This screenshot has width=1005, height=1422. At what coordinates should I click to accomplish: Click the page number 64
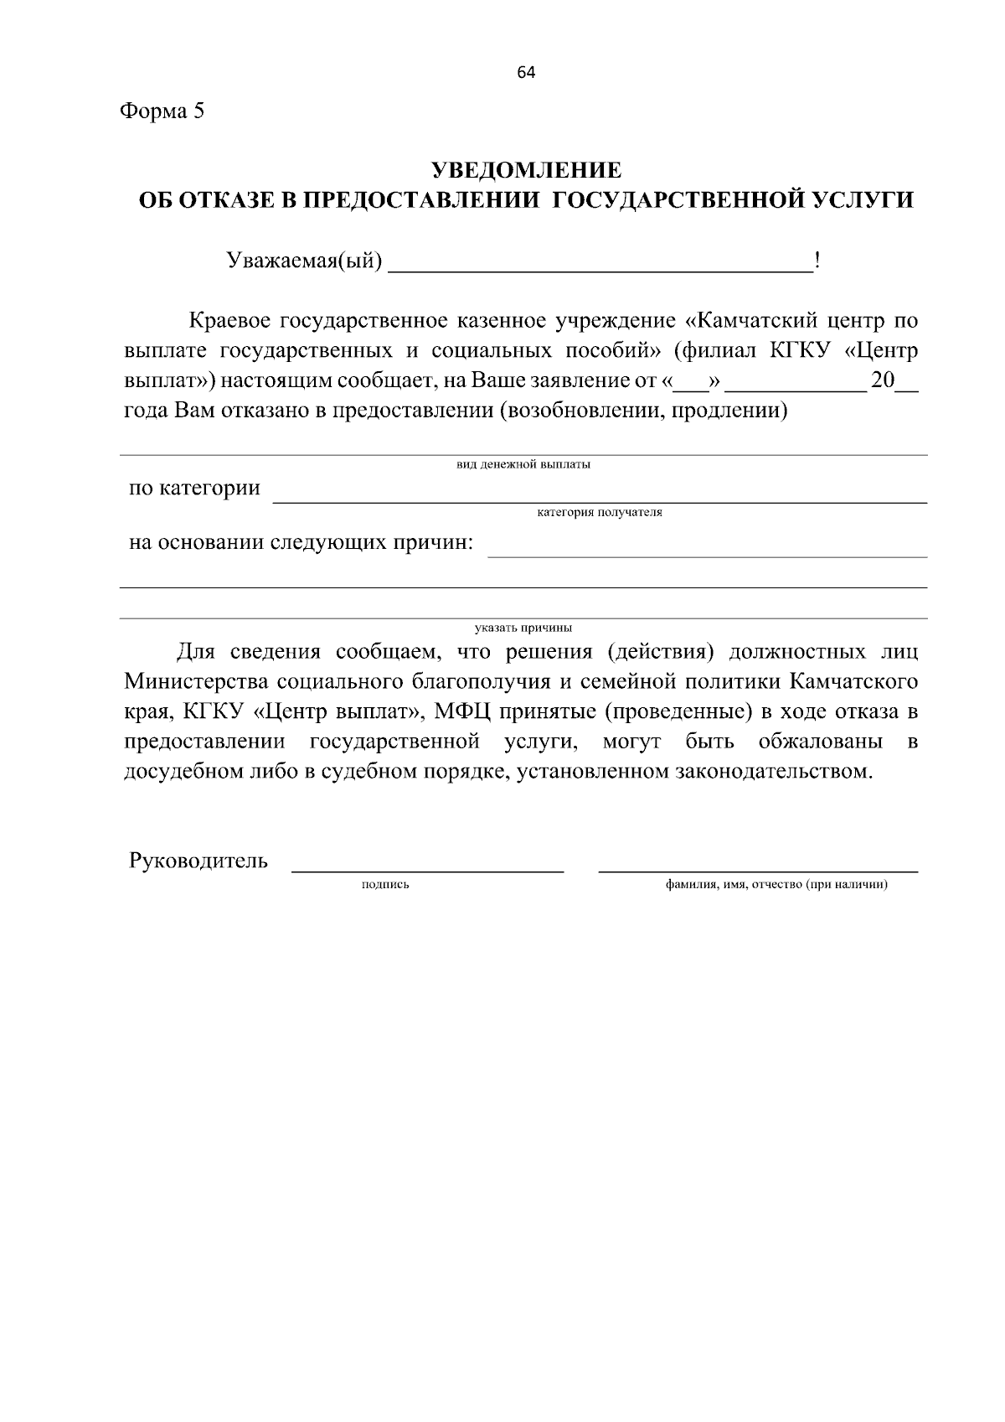click(x=526, y=73)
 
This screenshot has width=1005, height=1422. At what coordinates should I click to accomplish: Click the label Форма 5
click(x=162, y=111)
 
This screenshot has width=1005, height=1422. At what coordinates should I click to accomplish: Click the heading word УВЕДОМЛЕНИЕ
click(x=526, y=171)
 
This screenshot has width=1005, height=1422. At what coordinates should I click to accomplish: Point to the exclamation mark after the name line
click(x=817, y=262)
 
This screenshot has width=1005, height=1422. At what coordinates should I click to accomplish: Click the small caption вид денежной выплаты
click(x=523, y=465)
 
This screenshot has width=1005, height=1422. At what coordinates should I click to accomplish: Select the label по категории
click(x=194, y=488)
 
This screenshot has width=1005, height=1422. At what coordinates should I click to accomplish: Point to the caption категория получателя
click(x=599, y=512)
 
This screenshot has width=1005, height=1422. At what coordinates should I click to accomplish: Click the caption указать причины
click(x=523, y=627)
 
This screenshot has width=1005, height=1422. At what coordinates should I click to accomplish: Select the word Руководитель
click(x=198, y=861)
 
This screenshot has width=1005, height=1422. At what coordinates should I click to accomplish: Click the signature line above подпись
click(x=427, y=871)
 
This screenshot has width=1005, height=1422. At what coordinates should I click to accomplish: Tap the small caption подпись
click(x=385, y=885)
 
